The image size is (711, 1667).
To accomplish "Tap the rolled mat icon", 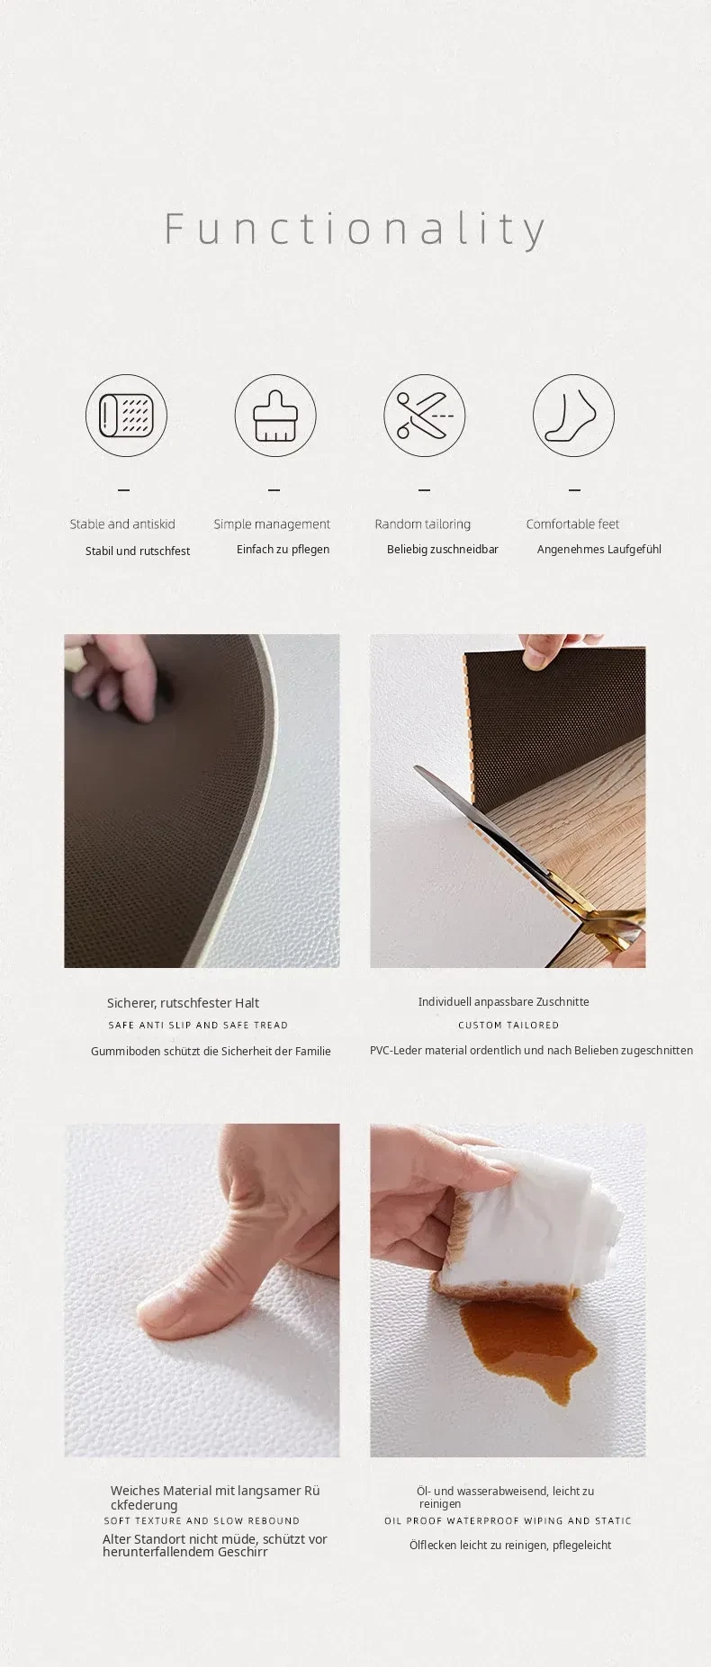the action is (x=127, y=416).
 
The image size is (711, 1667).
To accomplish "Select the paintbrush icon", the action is (x=275, y=416).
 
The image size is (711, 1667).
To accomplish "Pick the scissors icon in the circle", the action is (x=425, y=416).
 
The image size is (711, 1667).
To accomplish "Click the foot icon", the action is (x=573, y=416).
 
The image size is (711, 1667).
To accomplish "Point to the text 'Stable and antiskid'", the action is (x=122, y=524).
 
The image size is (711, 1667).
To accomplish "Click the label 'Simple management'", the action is (x=272, y=524).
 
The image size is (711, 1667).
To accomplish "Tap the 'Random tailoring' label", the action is (x=423, y=524).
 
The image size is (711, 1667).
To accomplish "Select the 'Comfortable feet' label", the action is (x=572, y=524).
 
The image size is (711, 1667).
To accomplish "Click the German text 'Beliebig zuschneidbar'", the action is (x=443, y=549).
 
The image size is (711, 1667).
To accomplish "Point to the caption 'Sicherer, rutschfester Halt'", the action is (x=183, y=1003).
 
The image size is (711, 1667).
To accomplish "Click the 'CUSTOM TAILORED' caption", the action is (x=508, y=1025).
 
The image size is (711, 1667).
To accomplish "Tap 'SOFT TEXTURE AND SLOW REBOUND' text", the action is (x=202, y=1520).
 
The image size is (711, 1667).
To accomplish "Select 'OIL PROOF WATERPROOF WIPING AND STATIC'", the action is (x=508, y=1520).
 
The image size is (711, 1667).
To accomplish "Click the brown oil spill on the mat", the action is (x=526, y=1344).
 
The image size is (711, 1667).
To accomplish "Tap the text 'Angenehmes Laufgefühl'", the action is (x=599, y=549).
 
